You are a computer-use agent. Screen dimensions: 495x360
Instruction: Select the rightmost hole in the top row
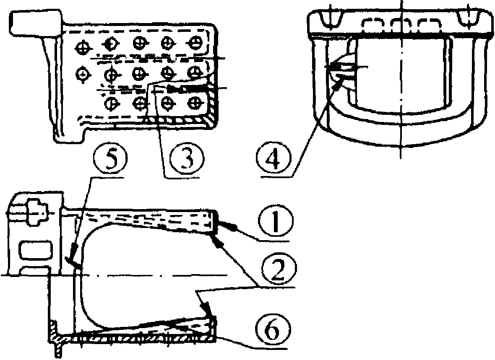pos(195,42)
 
